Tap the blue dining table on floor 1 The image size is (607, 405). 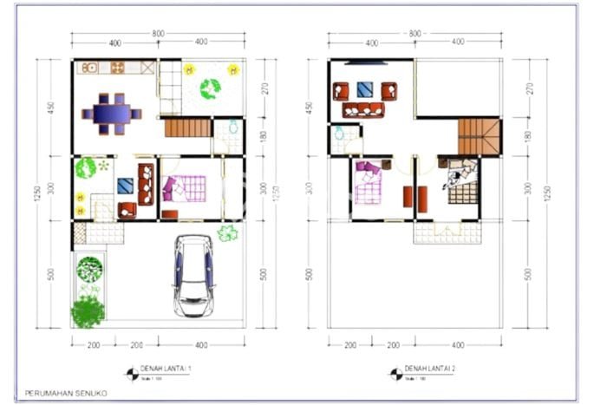(x=111, y=113)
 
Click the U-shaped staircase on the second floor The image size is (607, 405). (x=480, y=136)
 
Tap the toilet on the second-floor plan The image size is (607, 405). (x=339, y=134)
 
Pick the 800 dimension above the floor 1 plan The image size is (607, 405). (x=157, y=34)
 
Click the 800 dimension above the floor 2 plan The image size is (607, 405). (x=414, y=34)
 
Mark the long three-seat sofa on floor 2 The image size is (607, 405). (x=363, y=110)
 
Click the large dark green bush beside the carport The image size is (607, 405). (x=88, y=311)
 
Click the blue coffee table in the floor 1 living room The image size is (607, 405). (x=126, y=185)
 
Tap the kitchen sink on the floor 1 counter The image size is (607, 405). (x=89, y=67)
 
